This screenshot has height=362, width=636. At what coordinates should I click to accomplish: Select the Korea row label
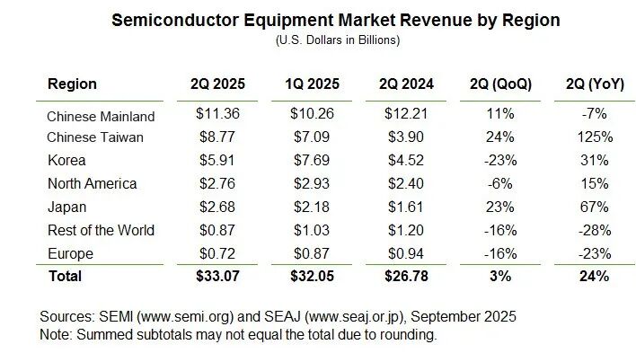[66, 160]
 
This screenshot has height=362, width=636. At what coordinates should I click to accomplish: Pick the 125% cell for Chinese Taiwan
[596, 137]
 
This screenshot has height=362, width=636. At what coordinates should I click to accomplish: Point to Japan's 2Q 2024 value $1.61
[405, 207]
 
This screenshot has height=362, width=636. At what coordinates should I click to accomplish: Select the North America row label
[92, 183]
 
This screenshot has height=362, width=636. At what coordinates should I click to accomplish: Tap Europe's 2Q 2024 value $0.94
[405, 252]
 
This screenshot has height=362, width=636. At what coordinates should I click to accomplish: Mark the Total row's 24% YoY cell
[596, 275]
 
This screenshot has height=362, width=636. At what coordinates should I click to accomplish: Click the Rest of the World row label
[101, 229]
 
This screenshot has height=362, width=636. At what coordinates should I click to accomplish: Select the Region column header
[72, 84]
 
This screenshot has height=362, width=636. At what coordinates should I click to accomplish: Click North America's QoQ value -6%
[501, 183]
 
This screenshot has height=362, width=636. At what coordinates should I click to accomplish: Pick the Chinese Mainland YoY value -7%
[596, 116]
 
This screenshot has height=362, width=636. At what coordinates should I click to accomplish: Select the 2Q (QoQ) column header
[501, 84]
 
